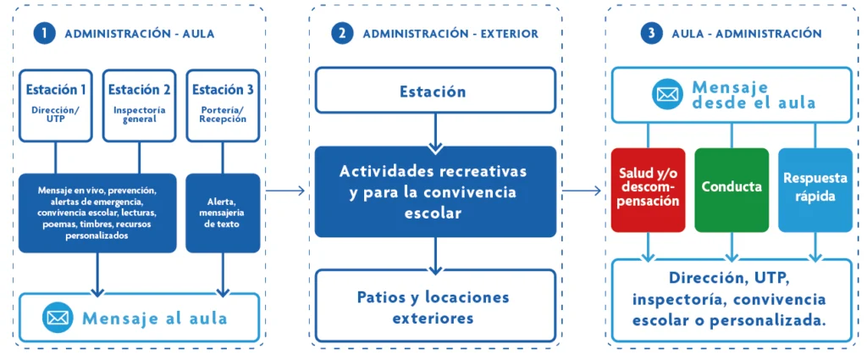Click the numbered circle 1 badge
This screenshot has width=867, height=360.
tap(44, 34)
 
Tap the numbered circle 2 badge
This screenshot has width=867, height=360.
tap(342, 34)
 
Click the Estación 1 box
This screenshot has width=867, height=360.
tap(56, 104)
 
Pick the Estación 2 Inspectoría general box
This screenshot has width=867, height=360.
tap(139, 104)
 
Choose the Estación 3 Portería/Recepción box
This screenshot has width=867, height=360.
tap(223, 104)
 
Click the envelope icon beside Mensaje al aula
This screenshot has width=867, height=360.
tap(58, 318)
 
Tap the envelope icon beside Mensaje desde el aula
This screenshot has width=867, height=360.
tap(667, 93)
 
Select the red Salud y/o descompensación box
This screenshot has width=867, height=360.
tap(649, 190)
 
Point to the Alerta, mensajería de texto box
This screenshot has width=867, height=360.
tap(223, 213)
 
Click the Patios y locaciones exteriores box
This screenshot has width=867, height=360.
tap(435, 307)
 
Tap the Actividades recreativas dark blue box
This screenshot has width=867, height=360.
tap(435, 192)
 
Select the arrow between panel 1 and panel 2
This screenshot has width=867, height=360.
tap(284, 191)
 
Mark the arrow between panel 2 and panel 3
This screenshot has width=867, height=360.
tap(581, 191)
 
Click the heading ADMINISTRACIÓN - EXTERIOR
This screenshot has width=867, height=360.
tap(450, 34)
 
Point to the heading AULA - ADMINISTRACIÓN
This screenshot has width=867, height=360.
tap(746, 34)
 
